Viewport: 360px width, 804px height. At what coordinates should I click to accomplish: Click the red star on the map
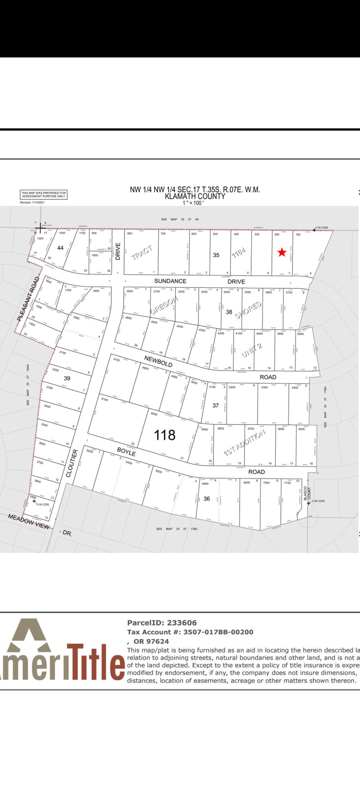tap(282, 252)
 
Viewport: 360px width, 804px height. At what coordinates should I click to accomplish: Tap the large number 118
tap(165, 435)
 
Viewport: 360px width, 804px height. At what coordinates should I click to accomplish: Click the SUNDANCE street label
tap(170, 281)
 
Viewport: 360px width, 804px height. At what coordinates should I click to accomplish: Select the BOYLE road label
tap(126, 451)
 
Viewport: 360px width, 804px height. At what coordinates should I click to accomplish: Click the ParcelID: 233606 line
tap(162, 623)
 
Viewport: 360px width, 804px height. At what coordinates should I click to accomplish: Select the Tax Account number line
tap(190, 632)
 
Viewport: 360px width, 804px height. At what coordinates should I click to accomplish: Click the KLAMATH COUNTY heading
tap(195, 196)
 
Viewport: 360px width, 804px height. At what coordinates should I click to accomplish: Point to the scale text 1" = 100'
tap(193, 203)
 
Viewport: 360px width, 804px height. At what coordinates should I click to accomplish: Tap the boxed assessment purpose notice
tap(44, 195)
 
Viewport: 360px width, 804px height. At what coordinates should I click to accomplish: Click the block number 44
tap(60, 248)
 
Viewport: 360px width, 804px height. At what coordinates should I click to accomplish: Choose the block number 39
tap(67, 378)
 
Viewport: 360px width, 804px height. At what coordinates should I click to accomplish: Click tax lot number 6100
tap(104, 399)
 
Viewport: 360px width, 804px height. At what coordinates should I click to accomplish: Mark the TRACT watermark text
tap(142, 252)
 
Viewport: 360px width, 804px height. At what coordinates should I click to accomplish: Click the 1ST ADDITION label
tap(244, 442)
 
